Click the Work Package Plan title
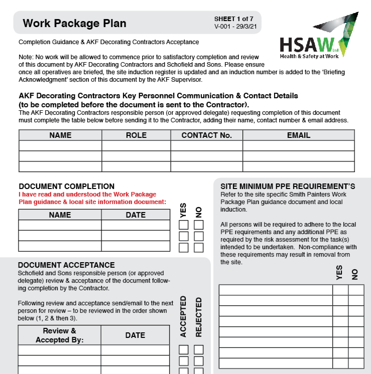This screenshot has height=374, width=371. click(x=74, y=23)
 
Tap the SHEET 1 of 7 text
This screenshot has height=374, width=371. click(x=233, y=19)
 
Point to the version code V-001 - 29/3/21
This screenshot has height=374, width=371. click(x=235, y=26)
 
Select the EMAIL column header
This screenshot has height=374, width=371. click(x=298, y=135)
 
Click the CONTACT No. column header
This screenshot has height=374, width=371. click(x=206, y=135)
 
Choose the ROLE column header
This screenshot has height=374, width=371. click(x=136, y=135)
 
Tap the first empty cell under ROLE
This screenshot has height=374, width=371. click(x=136, y=146)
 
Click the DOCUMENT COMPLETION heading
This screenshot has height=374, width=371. click(x=67, y=186)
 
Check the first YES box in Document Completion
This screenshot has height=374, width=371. click(x=183, y=225)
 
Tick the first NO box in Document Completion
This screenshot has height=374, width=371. click(x=199, y=225)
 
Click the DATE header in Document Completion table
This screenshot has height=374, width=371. click(x=136, y=215)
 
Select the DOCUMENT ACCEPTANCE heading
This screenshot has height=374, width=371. click(x=66, y=265)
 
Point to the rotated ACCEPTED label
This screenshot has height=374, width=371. click(x=183, y=316)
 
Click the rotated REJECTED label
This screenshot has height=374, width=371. click(x=199, y=317)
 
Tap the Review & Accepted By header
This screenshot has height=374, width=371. click(x=59, y=335)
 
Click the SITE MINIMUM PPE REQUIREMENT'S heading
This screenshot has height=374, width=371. click(x=288, y=186)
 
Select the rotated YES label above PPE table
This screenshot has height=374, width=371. click(x=339, y=272)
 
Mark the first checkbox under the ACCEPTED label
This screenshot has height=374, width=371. click(x=183, y=350)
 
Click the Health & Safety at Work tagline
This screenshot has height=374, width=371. click(x=309, y=56)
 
